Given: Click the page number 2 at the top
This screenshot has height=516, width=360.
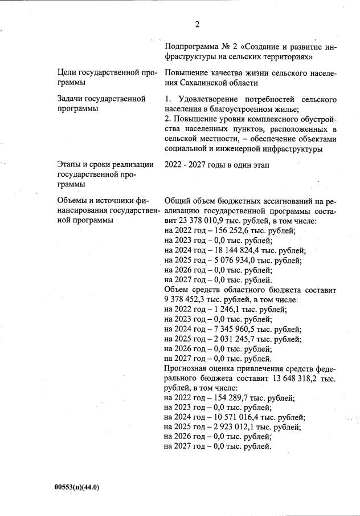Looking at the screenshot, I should (x=197, y=24).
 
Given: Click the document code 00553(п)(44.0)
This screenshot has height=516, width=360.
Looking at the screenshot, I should (x=77, y=488).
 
